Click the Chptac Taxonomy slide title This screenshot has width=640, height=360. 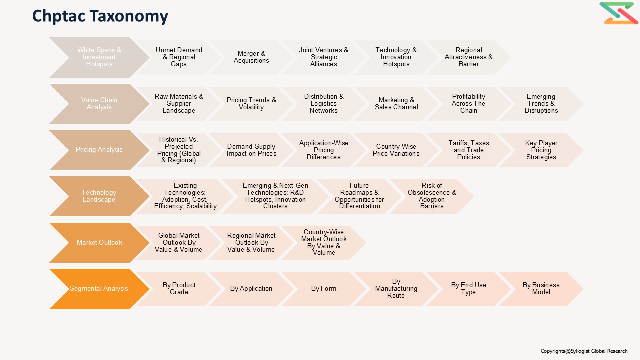[100, 16]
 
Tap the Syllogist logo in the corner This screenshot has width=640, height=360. [619, 13]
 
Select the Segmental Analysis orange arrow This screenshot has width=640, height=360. [99, 289]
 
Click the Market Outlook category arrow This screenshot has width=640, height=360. [99, 243]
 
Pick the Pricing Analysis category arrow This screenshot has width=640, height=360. [99, 150]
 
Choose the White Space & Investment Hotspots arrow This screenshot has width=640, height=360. [99, 57]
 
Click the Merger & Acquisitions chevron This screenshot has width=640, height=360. [251, 57]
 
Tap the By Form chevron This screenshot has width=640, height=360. [323, 289]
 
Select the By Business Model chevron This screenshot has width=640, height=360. [541, 289]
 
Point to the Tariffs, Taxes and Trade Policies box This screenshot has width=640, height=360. [468, 150]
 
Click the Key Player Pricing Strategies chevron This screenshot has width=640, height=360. [541, 150]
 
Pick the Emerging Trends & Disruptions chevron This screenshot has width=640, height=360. [541, 103]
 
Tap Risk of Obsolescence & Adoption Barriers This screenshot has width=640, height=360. [432, 196]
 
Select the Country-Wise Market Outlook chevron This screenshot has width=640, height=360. [323, 243]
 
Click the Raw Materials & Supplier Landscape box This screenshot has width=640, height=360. [179, 103]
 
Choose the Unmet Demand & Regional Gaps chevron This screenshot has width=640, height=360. [179, 57]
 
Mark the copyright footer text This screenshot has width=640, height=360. [584, 351]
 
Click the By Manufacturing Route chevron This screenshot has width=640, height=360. [396, 289]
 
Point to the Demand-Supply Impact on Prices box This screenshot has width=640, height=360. [251, 150]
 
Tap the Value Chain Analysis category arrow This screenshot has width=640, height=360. [99, 103]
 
